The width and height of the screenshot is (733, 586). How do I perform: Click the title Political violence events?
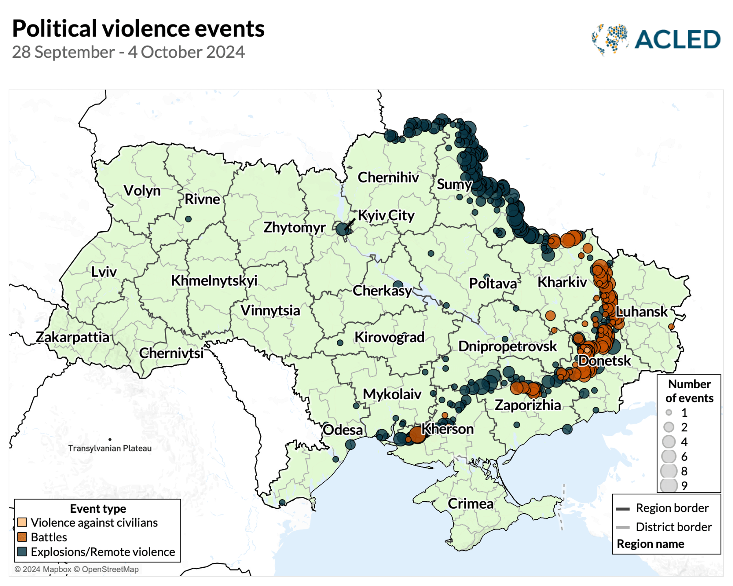[x=138, y=28]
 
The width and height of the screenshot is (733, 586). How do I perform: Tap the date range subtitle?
[x=128, y=52]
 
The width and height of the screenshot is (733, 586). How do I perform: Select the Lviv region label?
[x=103, y=271]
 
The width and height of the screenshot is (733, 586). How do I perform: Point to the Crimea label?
[x=470, y=503]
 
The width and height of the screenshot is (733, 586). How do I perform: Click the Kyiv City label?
[x=386, y=215]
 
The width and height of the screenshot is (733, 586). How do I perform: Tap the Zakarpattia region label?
[x=72, y=337]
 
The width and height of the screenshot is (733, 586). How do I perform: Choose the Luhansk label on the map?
[x=641, y=312]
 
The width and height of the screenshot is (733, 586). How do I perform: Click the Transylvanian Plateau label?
[x=110, y=448]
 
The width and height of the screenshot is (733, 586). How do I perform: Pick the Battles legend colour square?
[x=22, y=537]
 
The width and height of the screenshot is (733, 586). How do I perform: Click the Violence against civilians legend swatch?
[x=22, y=522]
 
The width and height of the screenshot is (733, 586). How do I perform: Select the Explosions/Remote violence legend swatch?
[x=22, y=551]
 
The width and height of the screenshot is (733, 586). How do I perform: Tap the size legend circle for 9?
[x=669, y=485]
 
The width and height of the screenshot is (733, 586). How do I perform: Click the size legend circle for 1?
[x=669, y=413]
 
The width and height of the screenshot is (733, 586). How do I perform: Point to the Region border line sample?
[x=623, y=509]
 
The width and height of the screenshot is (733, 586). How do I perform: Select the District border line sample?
[x=623, y=527]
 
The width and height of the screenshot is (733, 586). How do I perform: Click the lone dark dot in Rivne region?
[x=188, y=219]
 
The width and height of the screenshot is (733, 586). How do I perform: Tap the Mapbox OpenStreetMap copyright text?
[x=77, y=569]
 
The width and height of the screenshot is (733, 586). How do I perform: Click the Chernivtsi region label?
[x=171, y=353]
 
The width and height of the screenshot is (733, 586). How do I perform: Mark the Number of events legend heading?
[x=689, y=391]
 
